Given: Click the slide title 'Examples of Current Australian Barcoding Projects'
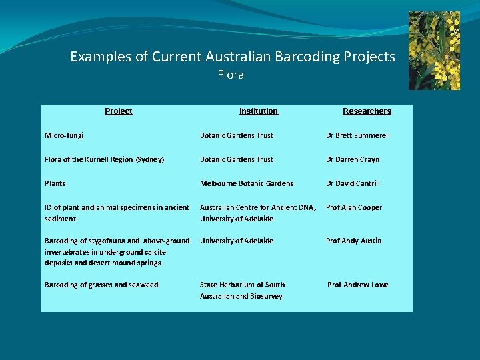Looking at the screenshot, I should pos(233,57).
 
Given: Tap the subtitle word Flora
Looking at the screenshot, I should pos(231,75).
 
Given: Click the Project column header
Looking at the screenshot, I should pos(118,111).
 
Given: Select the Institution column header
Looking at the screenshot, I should pos(259,111).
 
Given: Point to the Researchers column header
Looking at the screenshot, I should pos(367,111).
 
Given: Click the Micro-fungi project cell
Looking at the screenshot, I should pos(64,135).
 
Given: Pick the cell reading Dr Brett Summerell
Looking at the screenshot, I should pos(357,135).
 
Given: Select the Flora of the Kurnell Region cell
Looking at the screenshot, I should pos(104,159).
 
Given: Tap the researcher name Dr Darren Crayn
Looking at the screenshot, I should pos(352,159).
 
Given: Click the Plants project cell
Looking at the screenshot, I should pos(55,183).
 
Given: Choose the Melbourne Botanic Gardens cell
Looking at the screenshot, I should pos(246,183).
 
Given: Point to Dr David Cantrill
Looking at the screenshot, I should pos(353,183).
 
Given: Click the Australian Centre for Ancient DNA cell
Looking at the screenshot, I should pos(258,213).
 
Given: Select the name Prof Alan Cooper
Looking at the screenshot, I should pos(353,207).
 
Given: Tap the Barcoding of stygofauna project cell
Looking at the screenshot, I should pos(117,251).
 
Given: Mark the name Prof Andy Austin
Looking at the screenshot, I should pos(353,241).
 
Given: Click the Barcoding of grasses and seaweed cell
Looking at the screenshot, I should pos(101,285).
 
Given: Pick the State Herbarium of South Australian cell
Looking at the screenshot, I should pos(242,290).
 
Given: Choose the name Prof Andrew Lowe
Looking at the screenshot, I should pos(357,285).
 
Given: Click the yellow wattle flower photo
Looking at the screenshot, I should pos(434,51).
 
